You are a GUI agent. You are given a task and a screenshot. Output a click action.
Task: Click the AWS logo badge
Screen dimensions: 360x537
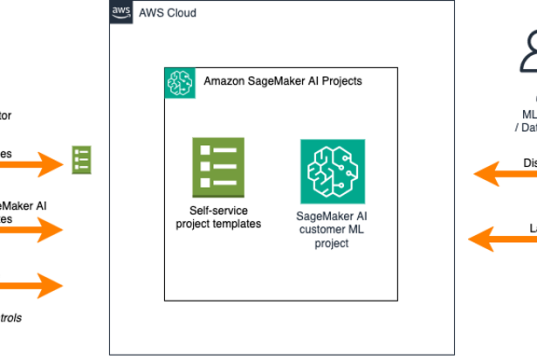tap(121, 14)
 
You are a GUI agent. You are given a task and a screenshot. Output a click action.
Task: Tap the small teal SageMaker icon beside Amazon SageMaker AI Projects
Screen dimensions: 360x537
tap(179, 81)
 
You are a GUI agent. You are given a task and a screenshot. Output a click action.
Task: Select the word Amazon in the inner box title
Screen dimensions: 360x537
tap(225, 81)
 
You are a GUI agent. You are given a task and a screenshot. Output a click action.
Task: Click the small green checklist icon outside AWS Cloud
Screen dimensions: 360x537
tap(81, 159)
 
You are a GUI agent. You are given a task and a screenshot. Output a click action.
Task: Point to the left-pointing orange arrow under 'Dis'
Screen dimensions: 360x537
tap(506, 175)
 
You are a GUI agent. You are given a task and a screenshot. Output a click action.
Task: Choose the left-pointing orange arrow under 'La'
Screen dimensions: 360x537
tap(504, 238)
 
